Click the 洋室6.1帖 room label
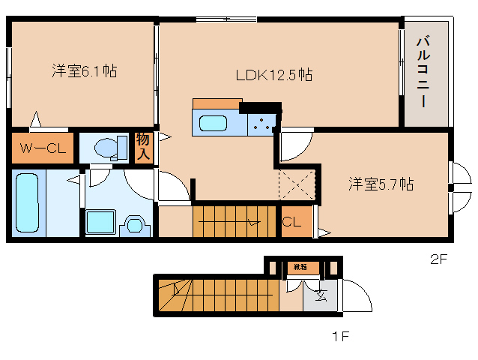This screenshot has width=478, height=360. pos(84,72)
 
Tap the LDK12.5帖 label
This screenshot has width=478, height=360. pos(273,75)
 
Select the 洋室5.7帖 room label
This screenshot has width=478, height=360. pos(381,184)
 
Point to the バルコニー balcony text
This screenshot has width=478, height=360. pos(423,72)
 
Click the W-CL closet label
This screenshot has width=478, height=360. pos(43,148)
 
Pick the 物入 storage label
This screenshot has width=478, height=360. pos(143,148)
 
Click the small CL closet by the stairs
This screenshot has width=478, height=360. pos(292,222)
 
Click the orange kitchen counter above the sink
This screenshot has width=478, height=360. pos(217,104)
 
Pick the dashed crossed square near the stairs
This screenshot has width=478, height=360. pos(297,184)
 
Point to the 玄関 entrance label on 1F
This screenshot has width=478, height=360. pos(320,295)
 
